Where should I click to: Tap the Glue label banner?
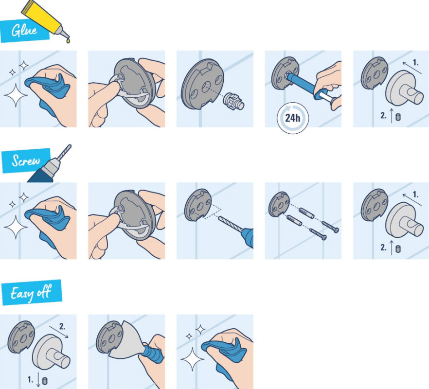pos(25,31)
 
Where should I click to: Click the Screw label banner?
pos(26,160)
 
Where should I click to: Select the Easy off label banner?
pos(32,292)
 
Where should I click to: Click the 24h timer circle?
pos(293,118)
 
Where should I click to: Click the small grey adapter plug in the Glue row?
pos(233,102)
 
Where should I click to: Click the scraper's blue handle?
pos(152,354)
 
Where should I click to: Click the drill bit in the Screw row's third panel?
pos(230,224)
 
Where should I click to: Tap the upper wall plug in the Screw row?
pos(306,213)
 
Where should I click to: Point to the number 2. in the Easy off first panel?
pos(62,326)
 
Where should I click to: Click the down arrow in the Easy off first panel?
pos(38,379)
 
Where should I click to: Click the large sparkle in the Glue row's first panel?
pos(16,95)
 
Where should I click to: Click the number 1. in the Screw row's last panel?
pos(415,194)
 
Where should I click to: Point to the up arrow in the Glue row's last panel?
pos(392,115)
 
